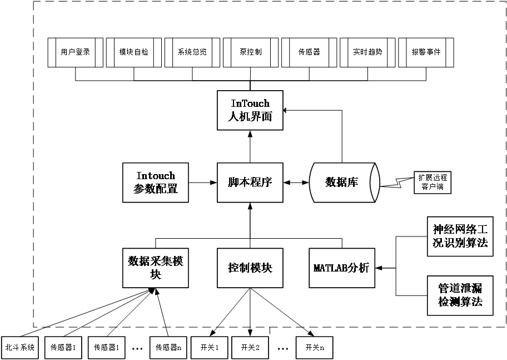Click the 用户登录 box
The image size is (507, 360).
tap(76, 52)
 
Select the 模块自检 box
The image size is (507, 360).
tap(134, 52)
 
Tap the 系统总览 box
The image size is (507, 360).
tap(192, 52)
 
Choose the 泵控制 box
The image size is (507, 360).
tap(251, 52)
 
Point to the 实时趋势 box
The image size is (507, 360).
tap(367, 52)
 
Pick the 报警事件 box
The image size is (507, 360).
tap(426, 52)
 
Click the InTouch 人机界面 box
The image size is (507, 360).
tap(250, 110)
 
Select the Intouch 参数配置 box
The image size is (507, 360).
tap(156, 183)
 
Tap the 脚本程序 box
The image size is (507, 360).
tap(250, 183)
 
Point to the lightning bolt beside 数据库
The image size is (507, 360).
tap(397, 183)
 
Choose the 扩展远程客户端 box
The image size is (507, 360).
tap(433, 183)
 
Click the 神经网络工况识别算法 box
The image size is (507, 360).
tap(460, 236)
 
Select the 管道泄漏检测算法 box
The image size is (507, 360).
tap(460, 295)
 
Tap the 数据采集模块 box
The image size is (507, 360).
tap(156, 268)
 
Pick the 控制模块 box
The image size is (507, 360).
tap(250, 268)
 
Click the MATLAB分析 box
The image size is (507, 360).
tap(341, 268)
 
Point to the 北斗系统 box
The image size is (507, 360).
tap(20, 348)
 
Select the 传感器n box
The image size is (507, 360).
tap(167, 348)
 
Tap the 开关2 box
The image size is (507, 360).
tap(250, 348)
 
